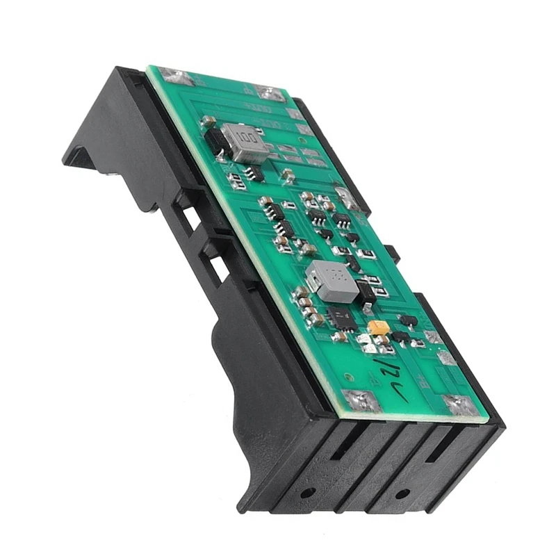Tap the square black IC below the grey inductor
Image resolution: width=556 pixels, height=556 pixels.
pyautogui.click(x=341, y=318)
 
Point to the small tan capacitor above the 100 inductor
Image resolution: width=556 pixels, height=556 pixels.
pyautogui.click(x=207, y=121)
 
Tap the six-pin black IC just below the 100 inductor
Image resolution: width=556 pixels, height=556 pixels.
pyautogui.click(x=255, y=172)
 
